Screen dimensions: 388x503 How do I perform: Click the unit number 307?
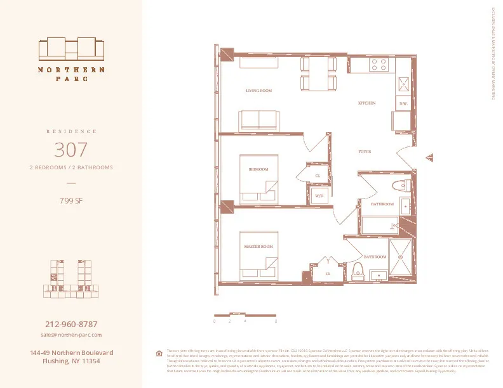(x=71, y=150)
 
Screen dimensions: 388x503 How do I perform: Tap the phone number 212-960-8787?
(x=71, y=324)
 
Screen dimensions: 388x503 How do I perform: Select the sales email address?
(x=71, y=334)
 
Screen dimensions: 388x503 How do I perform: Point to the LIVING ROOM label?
(x=258, y=91)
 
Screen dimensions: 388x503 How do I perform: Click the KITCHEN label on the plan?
(x=366, y=103)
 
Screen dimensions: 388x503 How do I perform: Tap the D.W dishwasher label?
(x=403, y=103)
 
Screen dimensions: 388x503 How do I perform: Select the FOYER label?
(x=365, y=152)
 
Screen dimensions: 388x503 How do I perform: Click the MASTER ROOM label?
(x=258, y=246)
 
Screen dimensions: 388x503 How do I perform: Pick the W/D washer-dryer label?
(x=319, y=197)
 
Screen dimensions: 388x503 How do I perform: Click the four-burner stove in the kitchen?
(x=379, y=64)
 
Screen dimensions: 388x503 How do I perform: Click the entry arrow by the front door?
(x=430, y=158)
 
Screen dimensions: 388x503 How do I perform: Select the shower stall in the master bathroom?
(x=401, y=258)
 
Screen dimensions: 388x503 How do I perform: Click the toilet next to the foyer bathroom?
(x=398, y=186)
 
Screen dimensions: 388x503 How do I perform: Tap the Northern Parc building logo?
(x=71, y=49)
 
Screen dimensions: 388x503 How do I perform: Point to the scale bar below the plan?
(x=245, y=315)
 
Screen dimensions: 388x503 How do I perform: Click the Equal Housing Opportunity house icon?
(x=159, y=353)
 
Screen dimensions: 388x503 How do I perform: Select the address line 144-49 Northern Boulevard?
(x=71, y=352)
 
